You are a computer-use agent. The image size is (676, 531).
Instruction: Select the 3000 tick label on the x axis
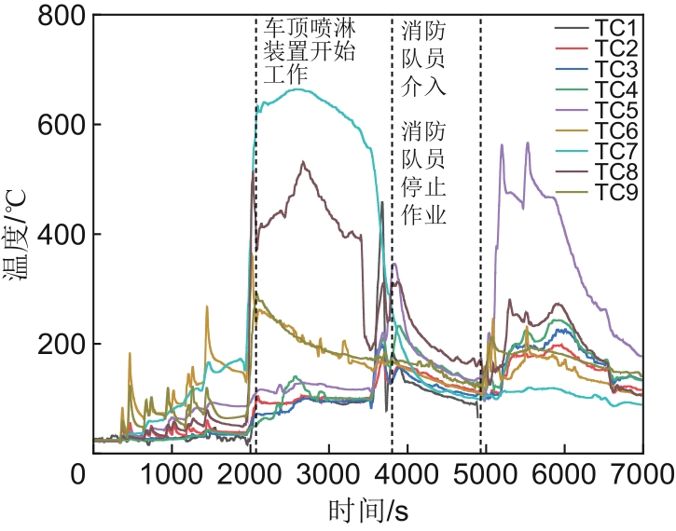coord(328,475)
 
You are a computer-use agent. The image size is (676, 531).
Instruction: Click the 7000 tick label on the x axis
coord(642,475)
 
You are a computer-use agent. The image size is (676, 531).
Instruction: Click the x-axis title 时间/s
coord(368,511)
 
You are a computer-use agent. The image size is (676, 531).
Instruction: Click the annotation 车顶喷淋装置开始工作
coord(309,52)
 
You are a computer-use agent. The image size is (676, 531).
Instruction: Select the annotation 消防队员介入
coord(423,60)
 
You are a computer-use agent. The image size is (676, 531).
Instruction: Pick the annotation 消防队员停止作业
coord(423,172)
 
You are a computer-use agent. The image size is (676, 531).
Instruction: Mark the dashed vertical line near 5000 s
coord(481,233)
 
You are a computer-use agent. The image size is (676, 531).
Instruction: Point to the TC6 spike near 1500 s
coord(207,306)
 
